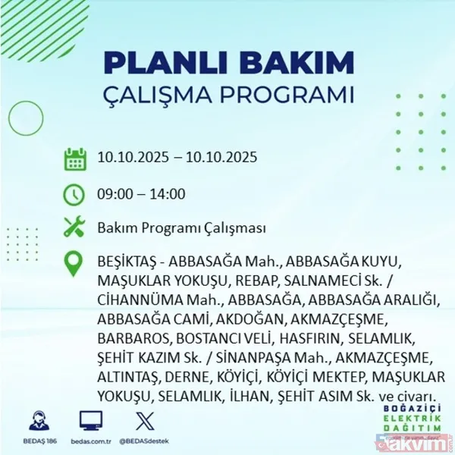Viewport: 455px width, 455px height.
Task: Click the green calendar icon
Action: [74, 158]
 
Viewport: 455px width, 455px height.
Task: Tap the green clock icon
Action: [74, 194]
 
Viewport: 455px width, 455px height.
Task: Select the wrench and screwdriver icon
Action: [74, 227]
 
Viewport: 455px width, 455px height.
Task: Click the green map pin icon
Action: [74, 263]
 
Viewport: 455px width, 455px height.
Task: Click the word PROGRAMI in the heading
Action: [289, 96]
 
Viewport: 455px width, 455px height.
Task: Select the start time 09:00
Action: [115, 194]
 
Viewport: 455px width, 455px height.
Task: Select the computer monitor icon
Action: [91, 419]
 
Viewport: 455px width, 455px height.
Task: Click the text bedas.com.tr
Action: [91, 440]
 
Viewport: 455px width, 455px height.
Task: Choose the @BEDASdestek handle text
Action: [144, 440]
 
